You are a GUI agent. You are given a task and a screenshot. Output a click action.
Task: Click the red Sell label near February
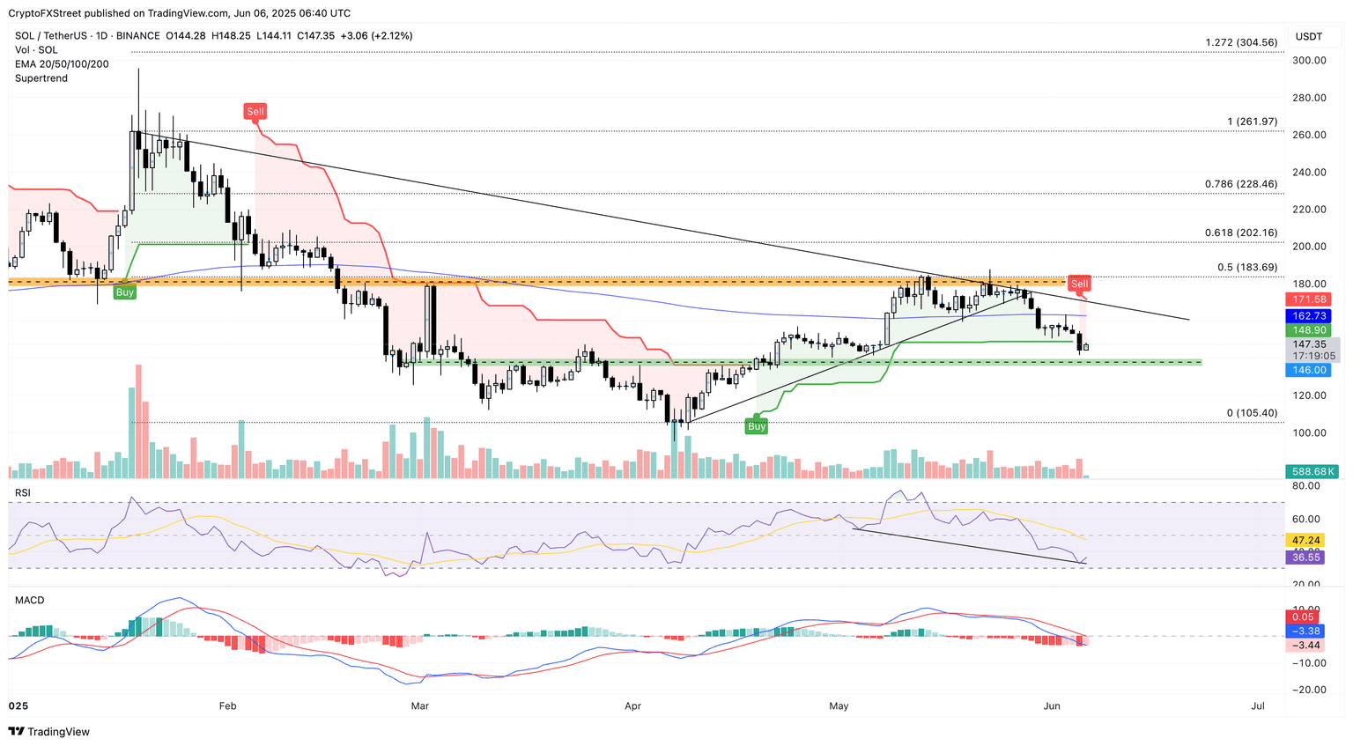(255, 112)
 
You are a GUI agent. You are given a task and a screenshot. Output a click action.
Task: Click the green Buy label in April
(757, 426)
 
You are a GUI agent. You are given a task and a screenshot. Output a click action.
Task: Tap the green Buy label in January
(125, 292)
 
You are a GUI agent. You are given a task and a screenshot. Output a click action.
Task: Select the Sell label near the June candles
(1079, 284)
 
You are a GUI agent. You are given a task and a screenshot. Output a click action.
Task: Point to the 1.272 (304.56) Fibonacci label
(1241, 42)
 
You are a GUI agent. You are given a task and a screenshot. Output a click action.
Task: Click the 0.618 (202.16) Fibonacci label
(1240, 233)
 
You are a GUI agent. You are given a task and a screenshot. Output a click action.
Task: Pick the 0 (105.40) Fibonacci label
(1252, 413)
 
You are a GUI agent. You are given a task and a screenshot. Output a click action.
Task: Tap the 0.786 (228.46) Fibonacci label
(1240, 184)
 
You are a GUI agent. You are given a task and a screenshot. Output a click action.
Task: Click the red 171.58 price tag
(1309, 299)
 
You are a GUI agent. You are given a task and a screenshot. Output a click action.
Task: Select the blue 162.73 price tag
(1309, 315)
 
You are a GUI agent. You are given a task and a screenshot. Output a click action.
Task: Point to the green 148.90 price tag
(1309, 330)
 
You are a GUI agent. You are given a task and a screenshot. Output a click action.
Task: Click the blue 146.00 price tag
(1309, 370)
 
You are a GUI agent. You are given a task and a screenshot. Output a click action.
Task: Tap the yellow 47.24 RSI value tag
(1305, 540)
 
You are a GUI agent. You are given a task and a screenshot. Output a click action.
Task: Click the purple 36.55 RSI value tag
(1305, 558)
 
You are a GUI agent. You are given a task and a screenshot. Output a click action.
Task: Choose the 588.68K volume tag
(1311, 472)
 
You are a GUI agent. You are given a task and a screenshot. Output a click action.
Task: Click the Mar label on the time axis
(420, 705)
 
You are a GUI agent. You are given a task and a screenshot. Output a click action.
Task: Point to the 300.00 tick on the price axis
(1309, 61)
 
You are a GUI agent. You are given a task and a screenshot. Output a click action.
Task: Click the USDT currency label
(1309, 37)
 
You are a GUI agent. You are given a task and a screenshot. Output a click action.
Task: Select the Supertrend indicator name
(41, 78)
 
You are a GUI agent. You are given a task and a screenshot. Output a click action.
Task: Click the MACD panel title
(29, 601)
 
